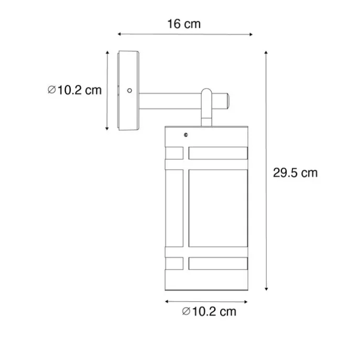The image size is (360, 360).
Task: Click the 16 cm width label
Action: click(183, 24)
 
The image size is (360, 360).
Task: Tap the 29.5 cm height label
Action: click(295, 172)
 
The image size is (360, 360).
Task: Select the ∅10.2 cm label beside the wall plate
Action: click(74, 90)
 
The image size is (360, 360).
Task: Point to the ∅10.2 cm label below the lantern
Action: click(209, 312)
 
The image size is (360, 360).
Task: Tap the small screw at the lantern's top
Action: click(185, 135)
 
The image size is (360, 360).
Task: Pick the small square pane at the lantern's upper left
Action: click(174, 153)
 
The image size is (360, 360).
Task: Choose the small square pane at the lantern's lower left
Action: click(174, 263)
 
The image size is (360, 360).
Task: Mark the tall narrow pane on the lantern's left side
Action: click(174, 208)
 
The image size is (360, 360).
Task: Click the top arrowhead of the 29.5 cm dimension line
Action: click(267, 53)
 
